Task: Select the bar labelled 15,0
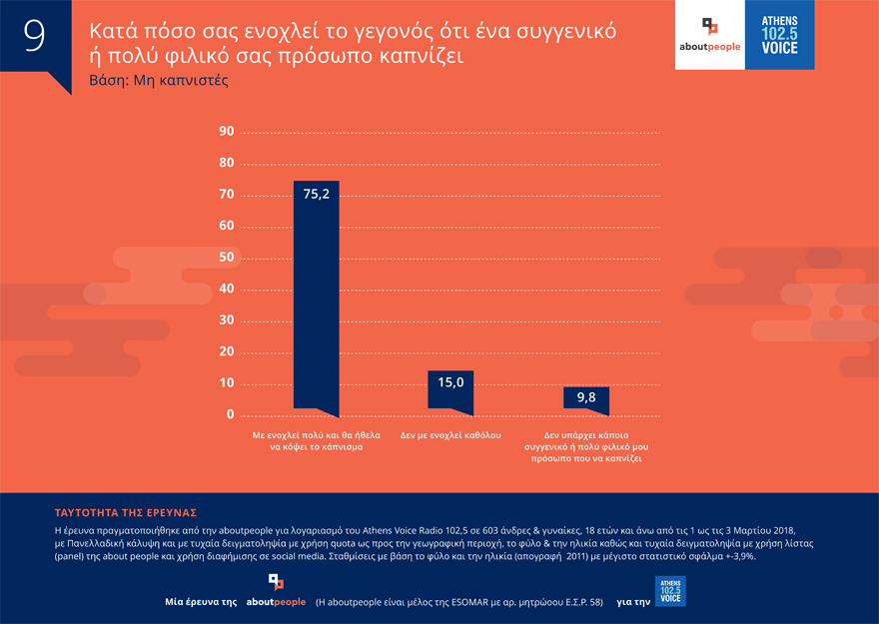(450, 390)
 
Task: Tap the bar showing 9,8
(585, 398)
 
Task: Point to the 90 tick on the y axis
(226, 132)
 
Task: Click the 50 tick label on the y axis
(226, 258)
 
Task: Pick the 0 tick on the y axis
(230, 414)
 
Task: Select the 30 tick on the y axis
(226, 320)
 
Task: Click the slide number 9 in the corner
(34, 34)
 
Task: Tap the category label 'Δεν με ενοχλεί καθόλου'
(450, 436)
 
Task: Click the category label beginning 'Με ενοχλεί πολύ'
(315, 442)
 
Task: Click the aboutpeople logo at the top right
(709, 35)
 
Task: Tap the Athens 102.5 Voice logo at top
(779, 35)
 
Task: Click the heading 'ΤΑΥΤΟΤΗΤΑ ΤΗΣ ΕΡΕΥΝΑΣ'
(125, 512)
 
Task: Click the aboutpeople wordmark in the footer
(276, 603)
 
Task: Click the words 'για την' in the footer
(633, 603)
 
